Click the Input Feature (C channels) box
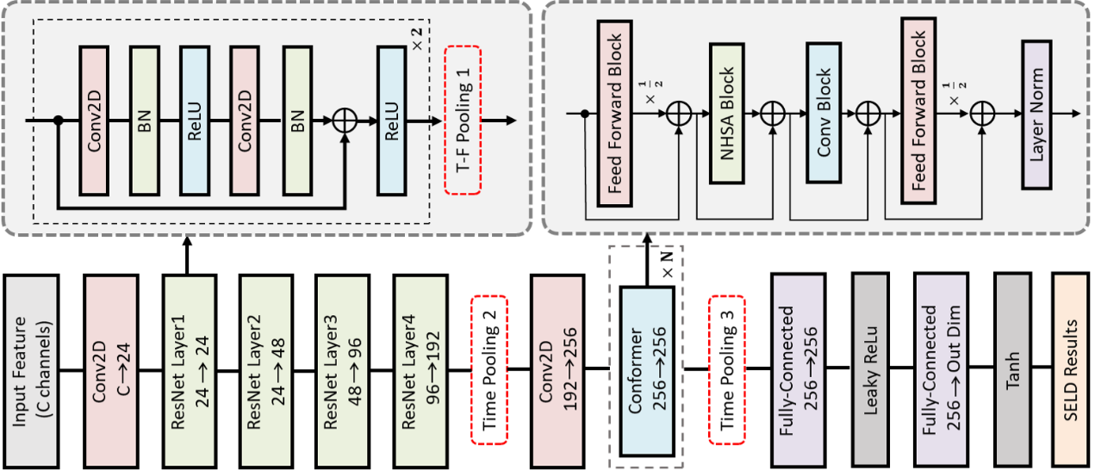tap(31, 371)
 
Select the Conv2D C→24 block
tap(111, 371)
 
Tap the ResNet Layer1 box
tap(190, 371)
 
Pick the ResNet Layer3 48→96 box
tap(342, 371)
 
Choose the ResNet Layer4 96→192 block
tap(420, 371)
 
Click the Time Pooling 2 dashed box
tap(489, 370)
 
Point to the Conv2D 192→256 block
tap(557, 371)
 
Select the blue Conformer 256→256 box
tap(647, 371)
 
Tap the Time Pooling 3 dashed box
tap(727, 370)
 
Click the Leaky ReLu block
tap(870, 370)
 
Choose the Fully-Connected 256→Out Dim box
tap(941, 370)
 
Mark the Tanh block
tap(1012, 370)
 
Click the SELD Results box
tap(1071, 370)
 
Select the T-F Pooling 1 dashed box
tap(463, 121)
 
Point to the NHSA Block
tap(727, 114)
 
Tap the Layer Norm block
tap(1036, 114)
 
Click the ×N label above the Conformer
tap(668, 266)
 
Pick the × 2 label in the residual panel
tap(417, 39)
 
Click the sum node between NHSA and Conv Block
tap(773, 114)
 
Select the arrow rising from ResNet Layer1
tap(187, 255)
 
